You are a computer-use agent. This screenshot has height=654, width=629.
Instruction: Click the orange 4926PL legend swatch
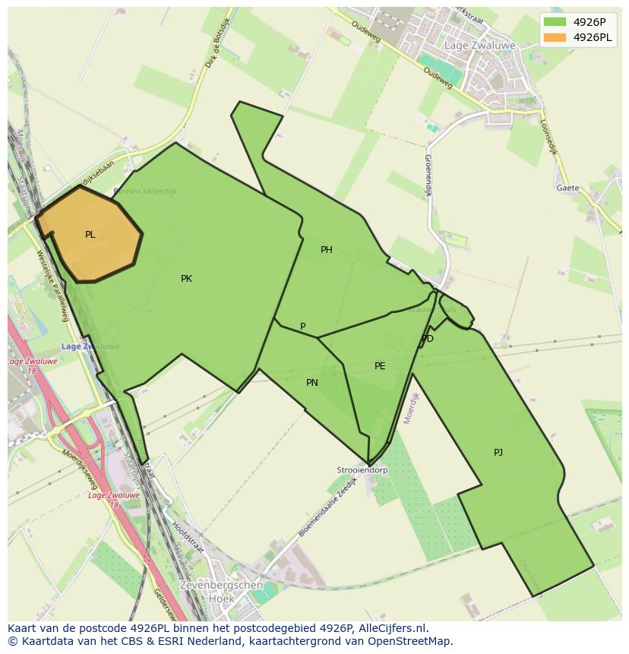[555, 37]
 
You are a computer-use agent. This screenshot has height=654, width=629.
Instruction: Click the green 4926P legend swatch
[555, 22]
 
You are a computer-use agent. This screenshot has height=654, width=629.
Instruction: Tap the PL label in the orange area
[90, 235]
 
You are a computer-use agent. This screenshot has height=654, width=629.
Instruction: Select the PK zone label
[186, 279]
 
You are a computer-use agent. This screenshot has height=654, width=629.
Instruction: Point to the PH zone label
[327, 250]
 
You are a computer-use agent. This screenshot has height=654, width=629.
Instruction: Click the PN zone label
[312, 383]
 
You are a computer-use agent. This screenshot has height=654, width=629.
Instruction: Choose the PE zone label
[380, 366]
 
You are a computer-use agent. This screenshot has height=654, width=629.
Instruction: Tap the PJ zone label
[498, 453]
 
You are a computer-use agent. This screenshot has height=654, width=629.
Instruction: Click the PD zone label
[428, 339]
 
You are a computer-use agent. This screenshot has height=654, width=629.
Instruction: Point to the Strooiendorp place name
[362, 470]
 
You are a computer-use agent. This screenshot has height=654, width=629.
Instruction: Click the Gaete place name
[567, 188]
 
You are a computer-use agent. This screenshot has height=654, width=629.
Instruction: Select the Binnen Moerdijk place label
[144, 191]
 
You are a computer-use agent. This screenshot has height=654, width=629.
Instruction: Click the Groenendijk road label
[428, 175]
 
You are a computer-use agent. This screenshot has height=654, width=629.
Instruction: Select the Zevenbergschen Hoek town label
[221, 591]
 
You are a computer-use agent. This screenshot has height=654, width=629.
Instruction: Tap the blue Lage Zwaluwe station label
[90, 346]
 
